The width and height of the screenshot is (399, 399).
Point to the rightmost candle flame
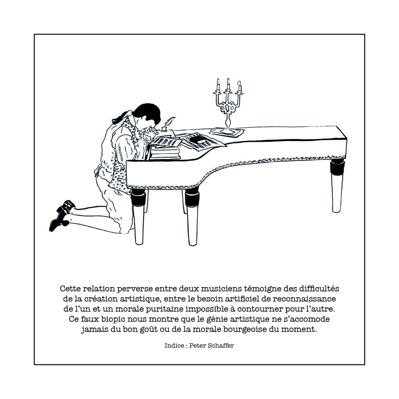[239, 83]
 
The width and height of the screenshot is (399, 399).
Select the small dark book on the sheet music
[198, 139]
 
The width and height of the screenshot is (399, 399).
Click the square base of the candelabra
[227, 132]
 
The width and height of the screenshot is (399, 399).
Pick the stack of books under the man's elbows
[165, 152]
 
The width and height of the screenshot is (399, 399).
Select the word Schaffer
[221, 346]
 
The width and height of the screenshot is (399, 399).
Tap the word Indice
[174, 346]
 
